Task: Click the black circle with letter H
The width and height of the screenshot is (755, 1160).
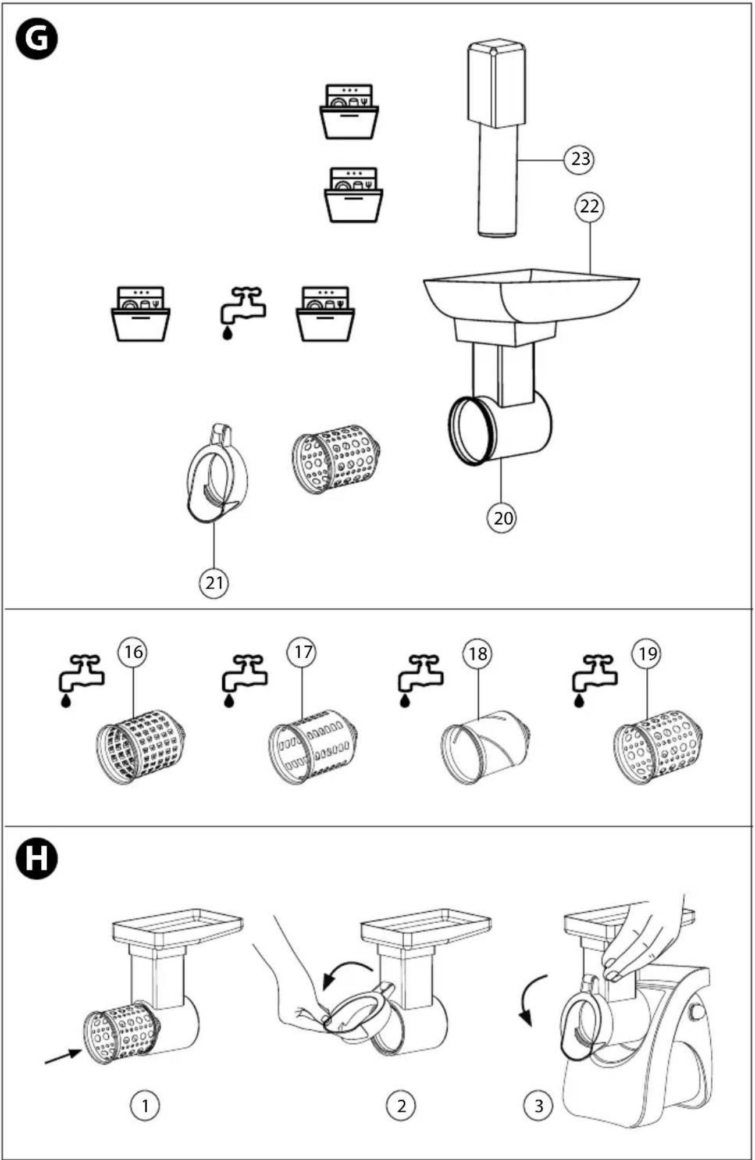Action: pos(37,857)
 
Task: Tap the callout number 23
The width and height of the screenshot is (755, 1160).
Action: pos(579,159)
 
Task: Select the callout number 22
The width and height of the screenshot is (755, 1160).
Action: pos(589,207)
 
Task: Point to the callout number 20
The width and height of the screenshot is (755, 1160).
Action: pos(503,517)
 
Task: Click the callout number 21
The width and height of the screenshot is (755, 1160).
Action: pos(214,582)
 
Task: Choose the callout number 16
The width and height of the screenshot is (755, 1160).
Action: pos(133,652)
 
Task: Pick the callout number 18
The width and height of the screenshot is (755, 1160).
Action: pos(477,654)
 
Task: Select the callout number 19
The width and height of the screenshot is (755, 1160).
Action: pos(647,654)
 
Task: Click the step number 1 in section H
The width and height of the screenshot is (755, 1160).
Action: pos(145,1105)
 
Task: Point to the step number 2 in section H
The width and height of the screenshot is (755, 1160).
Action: pos(401,1105)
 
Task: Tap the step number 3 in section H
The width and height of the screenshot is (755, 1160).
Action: pos(538,1105)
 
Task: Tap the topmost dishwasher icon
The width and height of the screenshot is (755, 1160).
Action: pos(349,112)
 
